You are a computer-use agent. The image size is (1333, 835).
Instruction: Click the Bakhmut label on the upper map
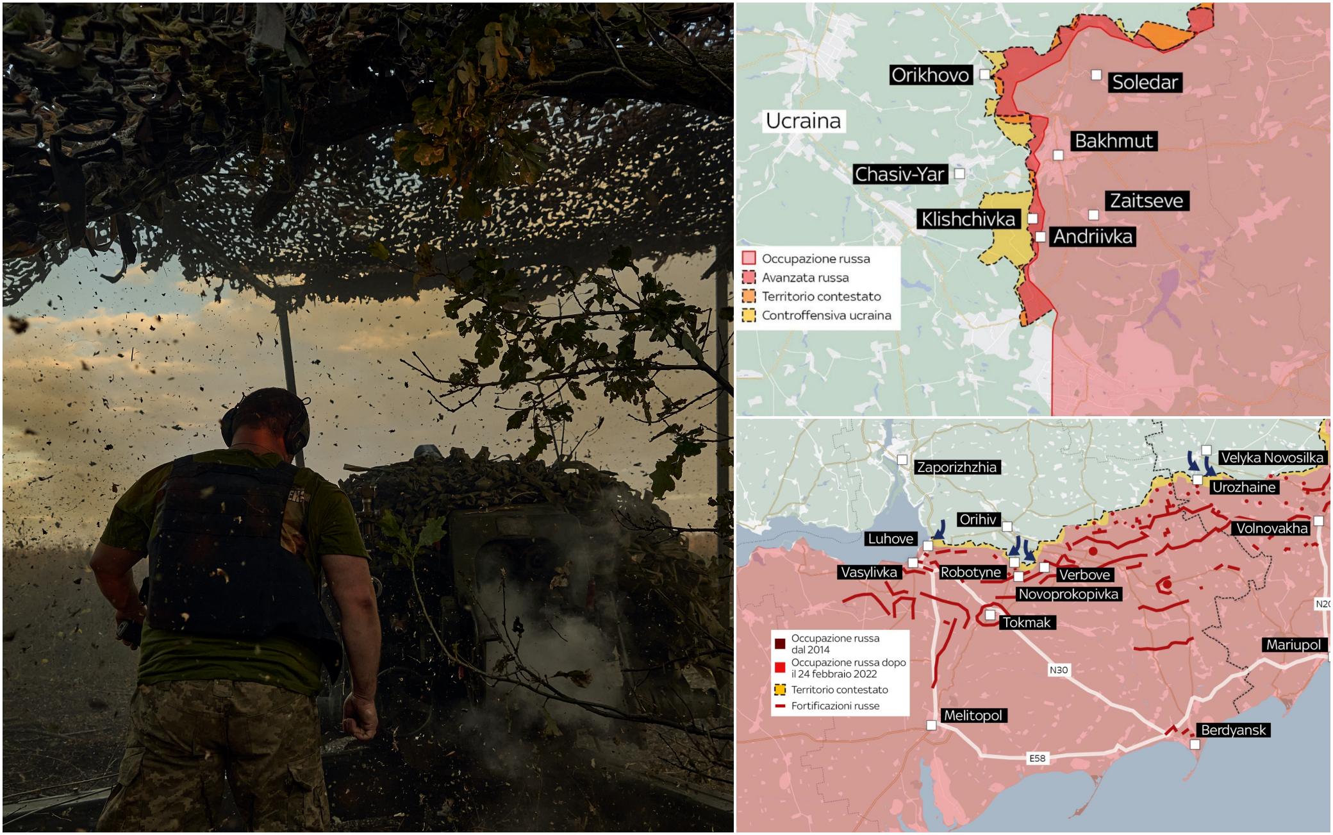tap(1114, 141)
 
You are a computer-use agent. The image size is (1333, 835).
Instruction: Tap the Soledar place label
tap(1145, 82)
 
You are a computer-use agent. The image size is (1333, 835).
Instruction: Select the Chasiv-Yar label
tap(900, 174)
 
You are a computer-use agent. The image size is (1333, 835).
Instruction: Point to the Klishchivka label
tap(968, 219)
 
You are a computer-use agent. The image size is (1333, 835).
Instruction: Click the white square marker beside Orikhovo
tap(984, 74)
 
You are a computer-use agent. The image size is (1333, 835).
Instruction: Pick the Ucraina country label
tap(803, 121)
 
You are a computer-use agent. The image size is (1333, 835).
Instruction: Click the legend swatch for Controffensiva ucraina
tap(749, 315)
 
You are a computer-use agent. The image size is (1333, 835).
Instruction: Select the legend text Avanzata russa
tap(805, 278)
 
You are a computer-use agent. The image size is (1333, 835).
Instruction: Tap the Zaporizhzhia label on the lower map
tap(957, 467)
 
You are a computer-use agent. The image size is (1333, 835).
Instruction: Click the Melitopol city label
tap(973, 715)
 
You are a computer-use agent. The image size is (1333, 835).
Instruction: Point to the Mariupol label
tap(1293, 645)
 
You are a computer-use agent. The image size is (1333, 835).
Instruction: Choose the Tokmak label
tap(1027, 622)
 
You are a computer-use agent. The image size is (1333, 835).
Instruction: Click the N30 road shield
tap(1058, 670)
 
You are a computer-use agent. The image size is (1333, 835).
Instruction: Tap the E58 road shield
tap(1037, 758)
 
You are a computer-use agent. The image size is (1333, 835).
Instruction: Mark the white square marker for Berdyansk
tap(1195, 745)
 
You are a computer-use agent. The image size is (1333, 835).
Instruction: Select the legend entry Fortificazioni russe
tap(835, 705)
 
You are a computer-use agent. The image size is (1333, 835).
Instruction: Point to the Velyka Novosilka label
tap(1271, 457)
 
